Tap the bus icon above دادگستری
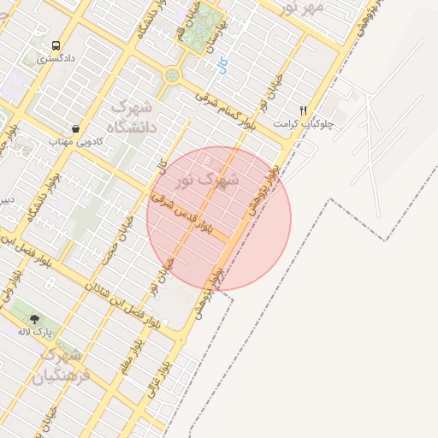pyautogui.click(x=56, y=45)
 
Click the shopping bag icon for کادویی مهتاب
pyautogui.click(x=76, y=128)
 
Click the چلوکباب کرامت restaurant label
pyautogui.click(x=303, y=124)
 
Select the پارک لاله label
pyautogui.click(x=37, y=331)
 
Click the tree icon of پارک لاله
pyautogui.click(x=35, y=319)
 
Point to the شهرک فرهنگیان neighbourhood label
pyautogui.click(x=60, y=364)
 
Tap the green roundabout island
pyautogui.click(x=173, y=75)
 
